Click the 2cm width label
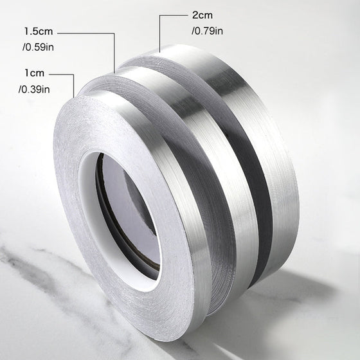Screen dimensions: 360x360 point(203,15)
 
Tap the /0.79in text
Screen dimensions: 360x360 point(207,31)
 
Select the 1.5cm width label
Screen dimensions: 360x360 point(39,32)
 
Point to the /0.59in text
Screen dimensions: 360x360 point(38,48)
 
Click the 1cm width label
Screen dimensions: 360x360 point(35,73)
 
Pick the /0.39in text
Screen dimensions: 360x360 point(34,89)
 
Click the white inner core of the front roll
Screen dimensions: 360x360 point(89,206)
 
